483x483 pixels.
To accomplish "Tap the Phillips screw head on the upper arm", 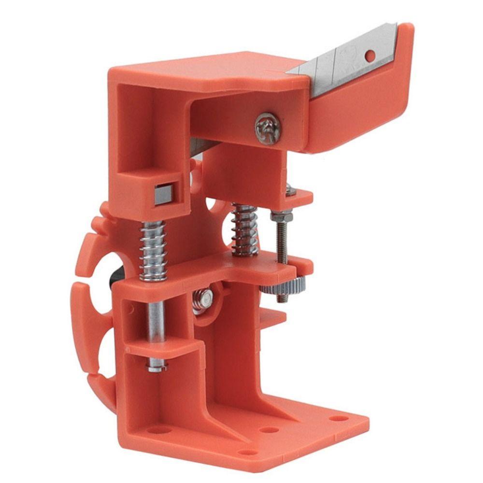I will point(268,128).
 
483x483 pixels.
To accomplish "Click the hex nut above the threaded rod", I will point(280,217).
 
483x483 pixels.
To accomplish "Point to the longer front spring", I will point(154,251).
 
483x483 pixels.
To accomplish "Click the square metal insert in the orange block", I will point(164,194).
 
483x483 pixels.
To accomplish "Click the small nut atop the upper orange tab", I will point(288,190).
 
